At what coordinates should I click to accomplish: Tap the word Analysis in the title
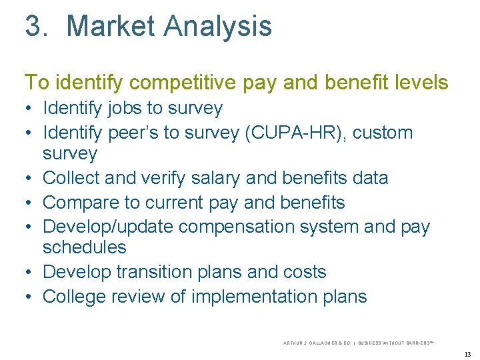(x=217, y=26)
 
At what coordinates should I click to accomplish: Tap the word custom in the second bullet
(x=383, y=133)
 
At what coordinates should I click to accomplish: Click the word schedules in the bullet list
(x=84, y=247)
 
